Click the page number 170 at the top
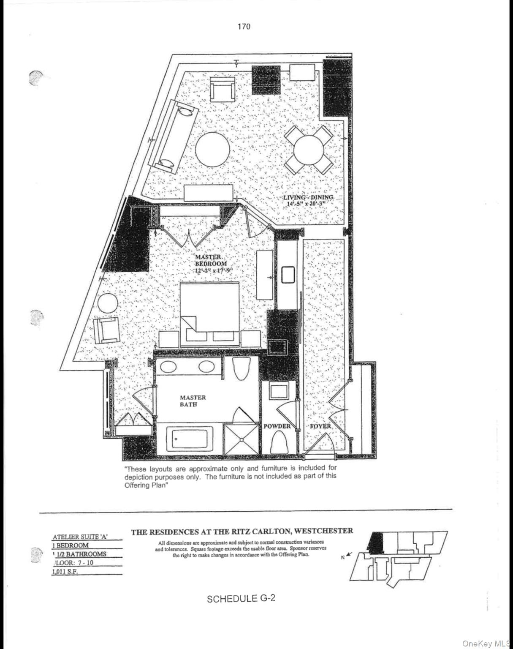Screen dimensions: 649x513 pos(244,27)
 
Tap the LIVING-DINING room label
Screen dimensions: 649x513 pos(308,200)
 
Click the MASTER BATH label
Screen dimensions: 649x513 pos(193,401)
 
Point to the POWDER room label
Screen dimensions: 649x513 pos(277,426)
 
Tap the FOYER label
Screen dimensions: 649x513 pos(320,426)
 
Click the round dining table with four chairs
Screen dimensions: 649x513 pos(309,149)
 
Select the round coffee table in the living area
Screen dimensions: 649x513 pos(213,149)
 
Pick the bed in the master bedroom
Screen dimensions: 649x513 pos(210,313)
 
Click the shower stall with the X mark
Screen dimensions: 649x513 pos(241,440)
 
